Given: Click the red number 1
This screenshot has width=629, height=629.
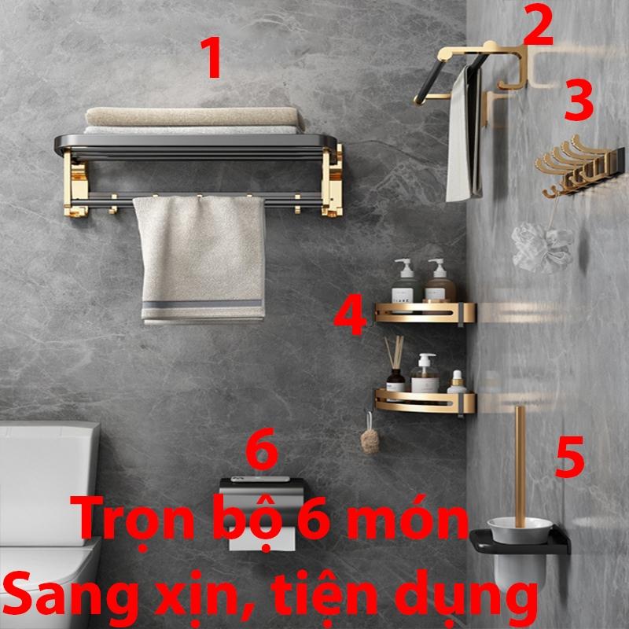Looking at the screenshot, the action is point(212,57).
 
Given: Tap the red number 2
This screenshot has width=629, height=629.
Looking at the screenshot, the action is point(538,24).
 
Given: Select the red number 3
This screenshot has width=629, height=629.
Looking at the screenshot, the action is point(579,100).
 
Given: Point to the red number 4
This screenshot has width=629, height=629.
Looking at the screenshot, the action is point(350,314).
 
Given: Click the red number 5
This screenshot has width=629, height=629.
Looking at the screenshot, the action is point(569,457).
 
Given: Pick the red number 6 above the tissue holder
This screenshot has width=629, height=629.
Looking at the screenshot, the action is point(262,448).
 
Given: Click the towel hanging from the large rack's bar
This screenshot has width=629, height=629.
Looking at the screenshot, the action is point(200,259).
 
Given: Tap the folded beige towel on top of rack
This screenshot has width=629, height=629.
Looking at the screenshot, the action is point(194,116).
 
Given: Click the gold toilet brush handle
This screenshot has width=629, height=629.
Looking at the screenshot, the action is point(520,466).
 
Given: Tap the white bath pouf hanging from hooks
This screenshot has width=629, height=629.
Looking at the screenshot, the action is point(541,247).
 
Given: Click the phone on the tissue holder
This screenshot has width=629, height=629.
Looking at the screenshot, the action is point(260,479).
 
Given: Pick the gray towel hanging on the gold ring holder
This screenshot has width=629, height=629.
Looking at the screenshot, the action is point(464,134).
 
